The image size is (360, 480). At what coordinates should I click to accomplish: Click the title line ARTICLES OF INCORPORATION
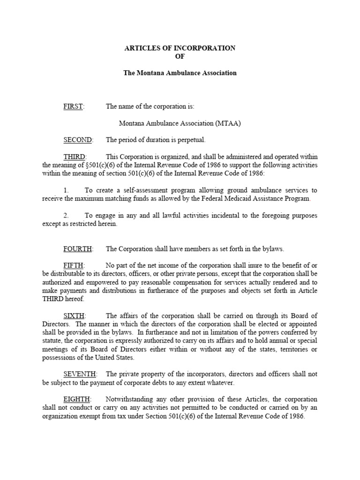180,48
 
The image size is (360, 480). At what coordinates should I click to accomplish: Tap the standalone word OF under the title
180,56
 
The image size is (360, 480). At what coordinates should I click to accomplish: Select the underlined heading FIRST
74,107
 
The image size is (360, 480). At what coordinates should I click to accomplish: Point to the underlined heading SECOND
78,140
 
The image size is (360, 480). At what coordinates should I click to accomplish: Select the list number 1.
66,190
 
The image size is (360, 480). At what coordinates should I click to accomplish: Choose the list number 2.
66,216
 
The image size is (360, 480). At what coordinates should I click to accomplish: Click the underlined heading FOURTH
78,249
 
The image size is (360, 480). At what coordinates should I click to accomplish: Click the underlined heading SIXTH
75,315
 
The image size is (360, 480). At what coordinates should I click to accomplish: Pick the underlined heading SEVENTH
80,374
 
